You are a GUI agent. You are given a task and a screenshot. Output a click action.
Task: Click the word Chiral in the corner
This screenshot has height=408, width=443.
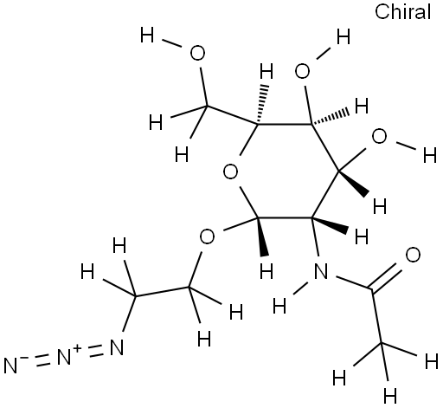402,12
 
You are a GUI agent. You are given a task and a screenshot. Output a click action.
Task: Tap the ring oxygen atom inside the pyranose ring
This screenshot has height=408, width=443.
230,172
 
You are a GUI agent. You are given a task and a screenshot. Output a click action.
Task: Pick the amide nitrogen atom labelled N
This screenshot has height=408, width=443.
321,271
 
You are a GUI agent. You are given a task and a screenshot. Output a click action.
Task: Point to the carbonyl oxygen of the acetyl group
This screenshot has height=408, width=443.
413,255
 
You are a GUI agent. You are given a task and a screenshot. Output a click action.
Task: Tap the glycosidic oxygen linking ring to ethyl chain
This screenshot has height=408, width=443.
207,236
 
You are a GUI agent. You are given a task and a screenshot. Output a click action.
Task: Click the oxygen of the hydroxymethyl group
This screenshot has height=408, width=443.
197,53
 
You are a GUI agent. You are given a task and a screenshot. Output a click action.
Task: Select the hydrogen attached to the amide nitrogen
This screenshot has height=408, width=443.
279,306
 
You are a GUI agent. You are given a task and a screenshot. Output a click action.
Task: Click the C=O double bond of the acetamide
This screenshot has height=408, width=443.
385,280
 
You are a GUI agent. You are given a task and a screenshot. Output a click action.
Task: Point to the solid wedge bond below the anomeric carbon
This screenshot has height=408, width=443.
263,236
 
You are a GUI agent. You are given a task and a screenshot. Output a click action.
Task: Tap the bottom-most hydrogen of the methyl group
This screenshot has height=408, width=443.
390,396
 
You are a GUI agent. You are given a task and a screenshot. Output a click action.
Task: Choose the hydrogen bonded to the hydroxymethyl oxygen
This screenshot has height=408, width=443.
147,35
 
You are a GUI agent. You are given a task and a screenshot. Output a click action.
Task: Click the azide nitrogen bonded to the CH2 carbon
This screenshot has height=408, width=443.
117,346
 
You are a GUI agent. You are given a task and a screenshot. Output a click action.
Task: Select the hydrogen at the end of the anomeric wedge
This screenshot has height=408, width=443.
266,271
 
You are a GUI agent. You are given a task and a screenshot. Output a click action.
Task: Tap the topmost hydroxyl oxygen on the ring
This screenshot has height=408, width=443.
302,71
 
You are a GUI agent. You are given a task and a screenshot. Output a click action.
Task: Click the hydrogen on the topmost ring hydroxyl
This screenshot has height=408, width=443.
343,36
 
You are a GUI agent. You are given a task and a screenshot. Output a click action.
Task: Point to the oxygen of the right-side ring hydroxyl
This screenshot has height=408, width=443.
379,136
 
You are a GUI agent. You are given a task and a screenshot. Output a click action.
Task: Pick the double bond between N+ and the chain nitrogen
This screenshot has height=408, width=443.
94,350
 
